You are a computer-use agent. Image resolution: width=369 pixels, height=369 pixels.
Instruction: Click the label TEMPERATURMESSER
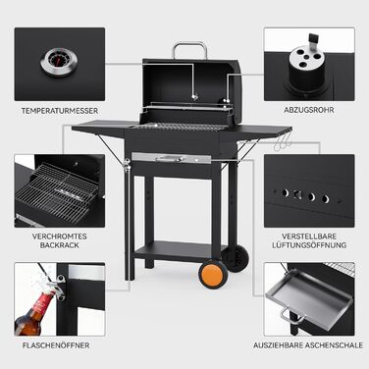pos(60,111)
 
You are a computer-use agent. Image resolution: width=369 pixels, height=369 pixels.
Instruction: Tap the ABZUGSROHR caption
pos(309,110)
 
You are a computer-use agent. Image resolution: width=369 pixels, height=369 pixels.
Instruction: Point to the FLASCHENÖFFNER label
pos(56,345)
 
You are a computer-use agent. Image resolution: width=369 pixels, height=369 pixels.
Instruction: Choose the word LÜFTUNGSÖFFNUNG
pos(309,245)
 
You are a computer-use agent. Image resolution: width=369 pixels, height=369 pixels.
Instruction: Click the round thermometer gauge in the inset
pos(59,62)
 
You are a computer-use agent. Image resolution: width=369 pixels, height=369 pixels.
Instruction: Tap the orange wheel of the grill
pos(214,274)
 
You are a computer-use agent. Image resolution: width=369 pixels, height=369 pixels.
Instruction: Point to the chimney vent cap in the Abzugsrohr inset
pos(306,67)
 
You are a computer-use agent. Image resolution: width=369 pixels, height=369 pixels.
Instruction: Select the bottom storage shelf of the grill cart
pos(179,250)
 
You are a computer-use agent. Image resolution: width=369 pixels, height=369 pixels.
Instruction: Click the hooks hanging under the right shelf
pos(283,142)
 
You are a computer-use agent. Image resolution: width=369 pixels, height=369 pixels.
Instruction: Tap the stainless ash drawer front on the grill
pos(172,158)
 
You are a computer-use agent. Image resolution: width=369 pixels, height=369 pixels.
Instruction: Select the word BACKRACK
pos(60,245)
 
